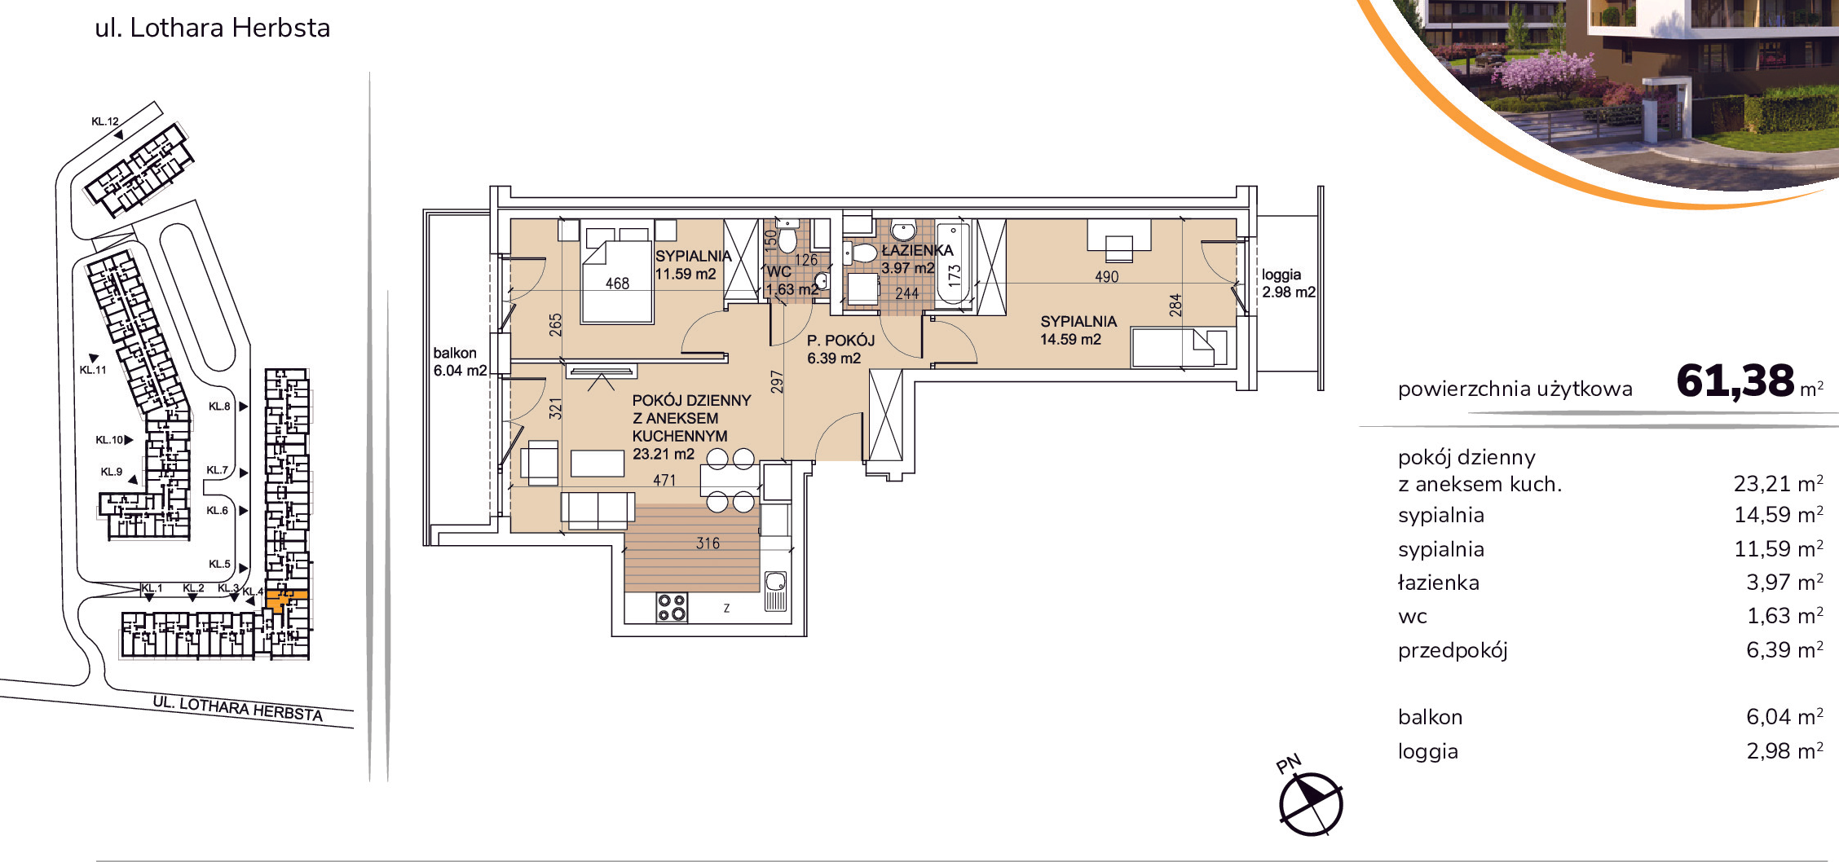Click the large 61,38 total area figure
(1735, 381)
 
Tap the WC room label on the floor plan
(779, 272)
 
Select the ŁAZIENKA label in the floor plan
(917, 250)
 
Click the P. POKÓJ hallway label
(840, 341)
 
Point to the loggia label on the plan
(1281, 275)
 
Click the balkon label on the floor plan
(455, 353)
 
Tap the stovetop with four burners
(672, 607)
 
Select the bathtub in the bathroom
(953, 264)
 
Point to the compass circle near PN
(1311, 804)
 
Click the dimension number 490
(1106, 277)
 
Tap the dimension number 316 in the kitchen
(708, 543)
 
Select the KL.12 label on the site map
(105, 121)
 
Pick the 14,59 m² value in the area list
(1778, 515)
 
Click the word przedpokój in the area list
(1453, 650)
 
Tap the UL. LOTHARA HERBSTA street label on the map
(238, 709)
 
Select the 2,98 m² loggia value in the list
(1784, 750)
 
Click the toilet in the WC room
(787, 237)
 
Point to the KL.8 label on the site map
(219, 407)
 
